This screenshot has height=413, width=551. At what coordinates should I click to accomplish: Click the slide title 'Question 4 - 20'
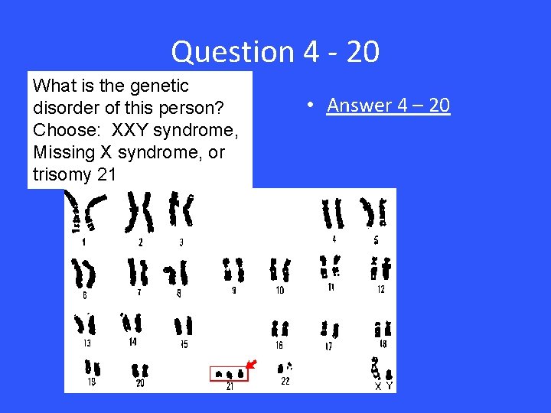(275, 51)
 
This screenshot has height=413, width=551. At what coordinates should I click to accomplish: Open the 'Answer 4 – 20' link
(388, 105)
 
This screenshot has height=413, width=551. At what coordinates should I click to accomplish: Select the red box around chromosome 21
(229, 373)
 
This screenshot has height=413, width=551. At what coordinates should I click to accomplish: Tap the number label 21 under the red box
(230, 386)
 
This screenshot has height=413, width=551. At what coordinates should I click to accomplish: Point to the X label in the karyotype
(377, 386)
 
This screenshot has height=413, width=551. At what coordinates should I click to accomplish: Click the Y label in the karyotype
(390, 386)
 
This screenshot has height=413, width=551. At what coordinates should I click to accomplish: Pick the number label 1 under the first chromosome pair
(83, 242)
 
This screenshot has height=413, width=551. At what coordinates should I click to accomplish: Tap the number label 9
(233, 290)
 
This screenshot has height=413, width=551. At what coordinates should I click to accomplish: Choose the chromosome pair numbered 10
(279, 270)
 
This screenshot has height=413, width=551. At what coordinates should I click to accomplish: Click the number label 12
(380, 289)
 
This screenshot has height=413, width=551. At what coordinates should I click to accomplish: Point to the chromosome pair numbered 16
(279, 330)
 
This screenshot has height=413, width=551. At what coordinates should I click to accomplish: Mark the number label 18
(383, 343)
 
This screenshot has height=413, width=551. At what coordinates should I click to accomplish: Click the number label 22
(285, 381)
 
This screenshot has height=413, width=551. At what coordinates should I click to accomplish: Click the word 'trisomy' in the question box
(61, 174)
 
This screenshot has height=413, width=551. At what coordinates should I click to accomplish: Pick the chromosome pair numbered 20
(140, 370)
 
